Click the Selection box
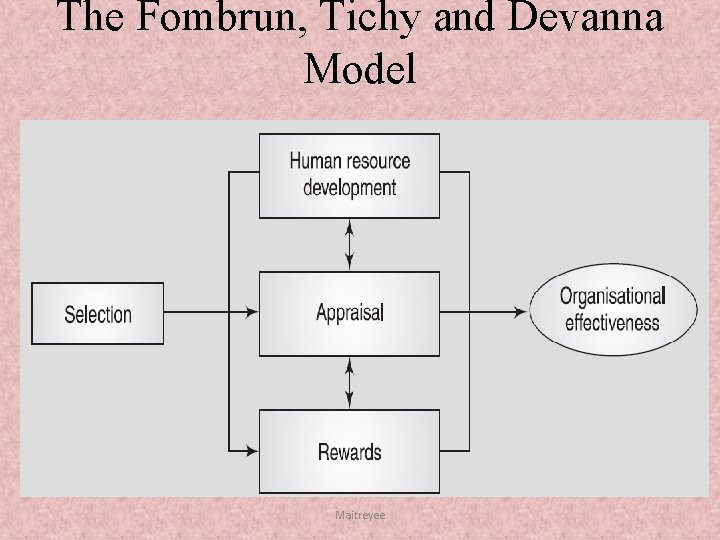click(97, 314)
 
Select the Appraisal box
click(349, 313)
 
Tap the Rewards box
click(349, 452)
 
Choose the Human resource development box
click(349, 174)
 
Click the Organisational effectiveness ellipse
click(612, 309)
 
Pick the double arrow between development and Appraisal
click(349, 244)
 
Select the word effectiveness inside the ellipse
click(612, 323)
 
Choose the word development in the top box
click(350, 188)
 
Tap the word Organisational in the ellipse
click(612, 296)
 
